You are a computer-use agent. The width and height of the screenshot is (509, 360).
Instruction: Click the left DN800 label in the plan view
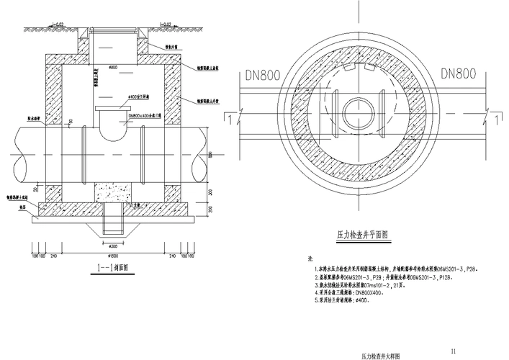pos(264,73)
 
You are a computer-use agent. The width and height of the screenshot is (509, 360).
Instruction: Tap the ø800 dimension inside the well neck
pos(112,68)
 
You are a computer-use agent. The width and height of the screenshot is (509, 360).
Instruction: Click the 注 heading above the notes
pos(310,258)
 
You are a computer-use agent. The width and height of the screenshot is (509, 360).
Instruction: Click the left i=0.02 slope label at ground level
pos(58,25)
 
